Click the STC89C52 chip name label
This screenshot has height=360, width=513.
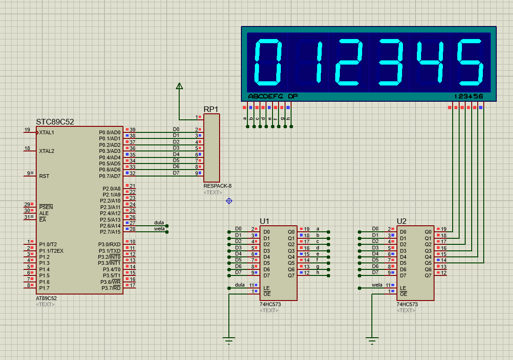point(55,122)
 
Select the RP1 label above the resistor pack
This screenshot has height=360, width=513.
point(211,109)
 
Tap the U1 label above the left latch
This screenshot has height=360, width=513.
point(265,221)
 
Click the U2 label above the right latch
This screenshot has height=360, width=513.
point(402,221)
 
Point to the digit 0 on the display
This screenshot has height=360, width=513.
point(267,63)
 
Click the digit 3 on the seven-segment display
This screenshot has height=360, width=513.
point(390,63)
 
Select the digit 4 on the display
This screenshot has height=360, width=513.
point(431,63)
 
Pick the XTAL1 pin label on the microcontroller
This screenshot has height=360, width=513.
point(46,132)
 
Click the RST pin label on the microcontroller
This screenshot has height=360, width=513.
point(44,176)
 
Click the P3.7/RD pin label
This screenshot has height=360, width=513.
point(111,288)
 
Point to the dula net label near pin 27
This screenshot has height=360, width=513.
point(159,223)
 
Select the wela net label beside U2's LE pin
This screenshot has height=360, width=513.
point(377,285)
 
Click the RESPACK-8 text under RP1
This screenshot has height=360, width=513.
point(217,186)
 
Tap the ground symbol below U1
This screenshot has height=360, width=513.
point(229,342)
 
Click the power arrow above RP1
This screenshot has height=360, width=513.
point(180,86)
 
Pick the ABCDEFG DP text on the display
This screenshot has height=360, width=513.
point(273,97)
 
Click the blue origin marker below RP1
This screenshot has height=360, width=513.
point(229,201)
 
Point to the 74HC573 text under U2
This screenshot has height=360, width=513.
point(407,304)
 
